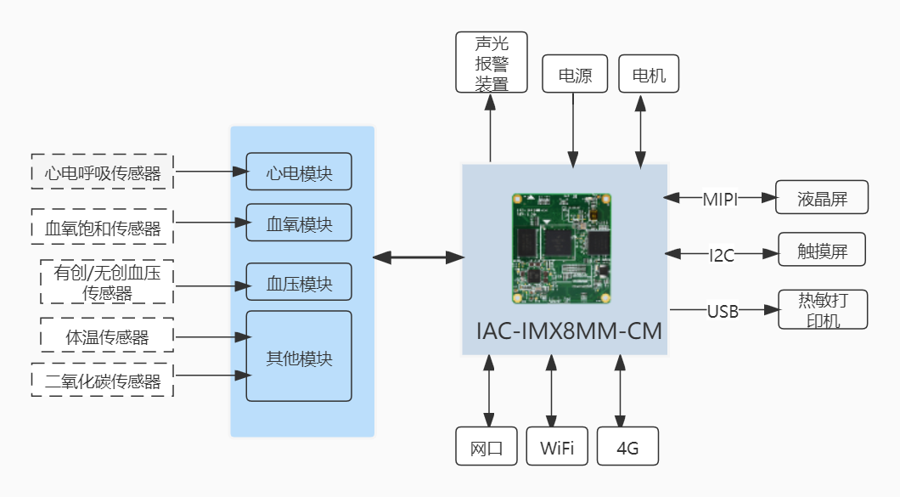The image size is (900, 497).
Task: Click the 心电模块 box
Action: pos(298,172)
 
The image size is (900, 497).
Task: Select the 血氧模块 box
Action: pos(298,224)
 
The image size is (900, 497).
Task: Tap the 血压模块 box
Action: pos(298,281)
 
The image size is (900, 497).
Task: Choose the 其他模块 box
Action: pos(298,356)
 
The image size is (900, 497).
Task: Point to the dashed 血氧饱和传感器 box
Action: pos(102,227)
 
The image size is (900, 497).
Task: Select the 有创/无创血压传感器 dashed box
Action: pos(107,282)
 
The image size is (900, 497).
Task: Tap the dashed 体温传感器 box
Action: pos(107,336)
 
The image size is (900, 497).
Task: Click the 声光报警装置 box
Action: pos(491,62)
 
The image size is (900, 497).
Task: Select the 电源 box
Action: pos(575,74)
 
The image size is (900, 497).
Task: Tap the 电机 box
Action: pos(649,74)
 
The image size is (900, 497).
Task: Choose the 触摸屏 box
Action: pos(822,251)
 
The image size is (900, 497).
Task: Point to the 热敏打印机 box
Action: pos(822,309)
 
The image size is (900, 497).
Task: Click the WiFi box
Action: pos(557,446)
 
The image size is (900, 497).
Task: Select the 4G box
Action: pos(627,446)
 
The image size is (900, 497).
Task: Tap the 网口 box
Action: pos(487,446)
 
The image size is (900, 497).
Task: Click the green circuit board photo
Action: pos(563,248)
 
